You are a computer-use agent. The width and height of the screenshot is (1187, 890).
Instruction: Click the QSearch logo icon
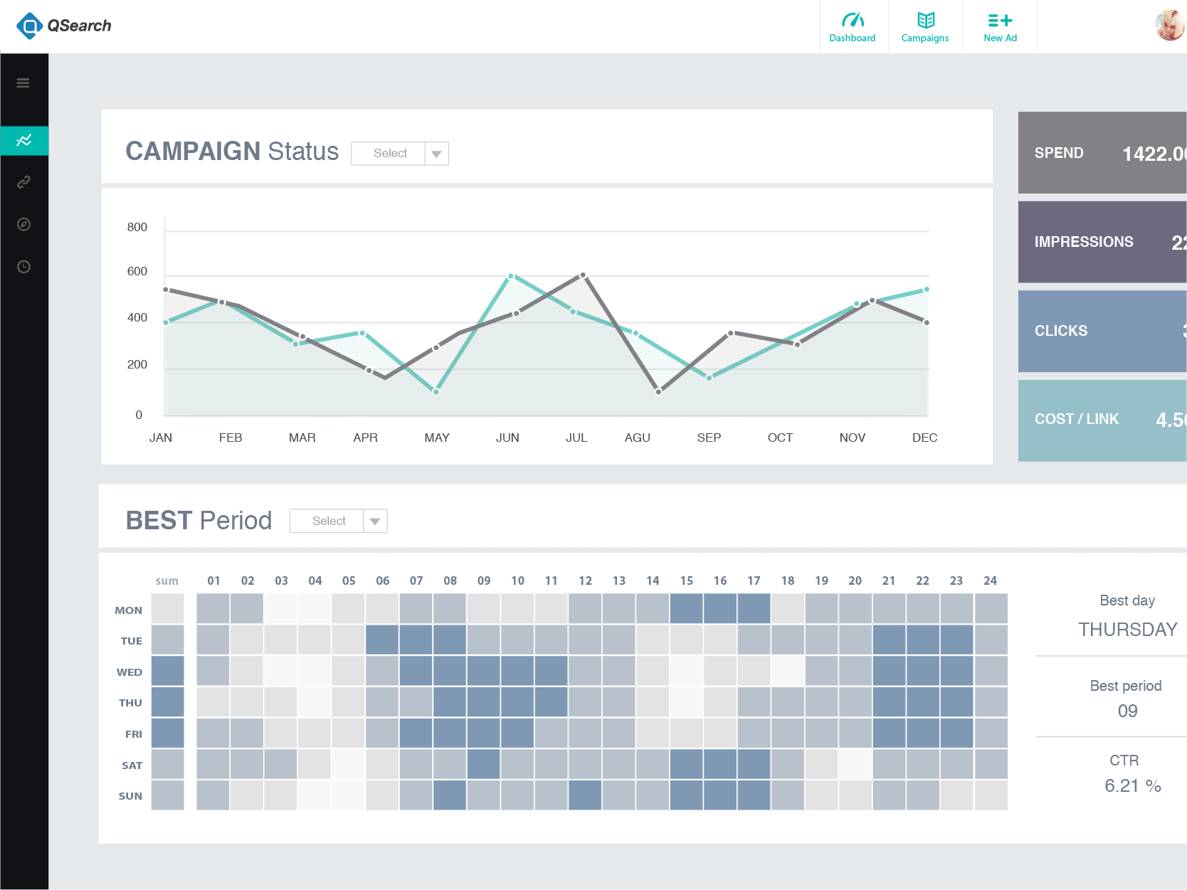click(x=29, y=26)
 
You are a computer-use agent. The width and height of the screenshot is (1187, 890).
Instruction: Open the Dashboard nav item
click(x=852, y=27)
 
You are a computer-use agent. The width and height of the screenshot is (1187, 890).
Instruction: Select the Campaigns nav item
click(x=924, y=27)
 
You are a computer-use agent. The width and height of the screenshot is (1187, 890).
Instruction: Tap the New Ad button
click(x=1000, y=27)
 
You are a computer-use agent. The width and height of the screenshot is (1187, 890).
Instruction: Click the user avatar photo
click(x=1170, y=26)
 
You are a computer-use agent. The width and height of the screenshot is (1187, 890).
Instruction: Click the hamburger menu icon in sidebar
click(x=23, y=83)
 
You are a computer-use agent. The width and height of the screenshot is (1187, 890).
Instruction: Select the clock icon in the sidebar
click(x=23, y=267)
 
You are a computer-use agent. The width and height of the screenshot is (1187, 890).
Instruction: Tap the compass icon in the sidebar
click(x=23, y=225)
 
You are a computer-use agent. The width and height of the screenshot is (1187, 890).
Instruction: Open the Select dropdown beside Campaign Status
click(x=400, y=154)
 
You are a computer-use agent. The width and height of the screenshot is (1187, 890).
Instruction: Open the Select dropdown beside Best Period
click(x=339, y=521)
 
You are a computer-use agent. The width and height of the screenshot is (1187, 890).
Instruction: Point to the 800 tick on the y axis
click(x=137, y=228)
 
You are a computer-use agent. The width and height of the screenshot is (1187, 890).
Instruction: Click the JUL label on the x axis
click(x=576, y=438)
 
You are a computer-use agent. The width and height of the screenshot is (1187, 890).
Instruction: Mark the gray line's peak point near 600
click(x=583, y=275)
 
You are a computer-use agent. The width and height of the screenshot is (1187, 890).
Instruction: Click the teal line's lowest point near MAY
click(x=436, y=391)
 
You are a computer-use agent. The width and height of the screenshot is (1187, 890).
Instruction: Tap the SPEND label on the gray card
click(x=1059, y=153)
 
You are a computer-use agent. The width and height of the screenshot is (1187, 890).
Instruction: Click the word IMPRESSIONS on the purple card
click(x=1084, y=242)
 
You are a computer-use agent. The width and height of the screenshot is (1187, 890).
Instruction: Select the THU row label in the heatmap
click(x=130, y=703)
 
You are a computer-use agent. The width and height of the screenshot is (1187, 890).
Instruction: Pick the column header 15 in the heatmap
click(x=687, y=581)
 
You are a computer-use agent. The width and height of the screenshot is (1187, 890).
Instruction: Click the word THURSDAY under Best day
click(x=1127, y=630)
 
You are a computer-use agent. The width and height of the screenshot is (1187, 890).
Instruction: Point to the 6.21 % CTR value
click(x=1132, y=786)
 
